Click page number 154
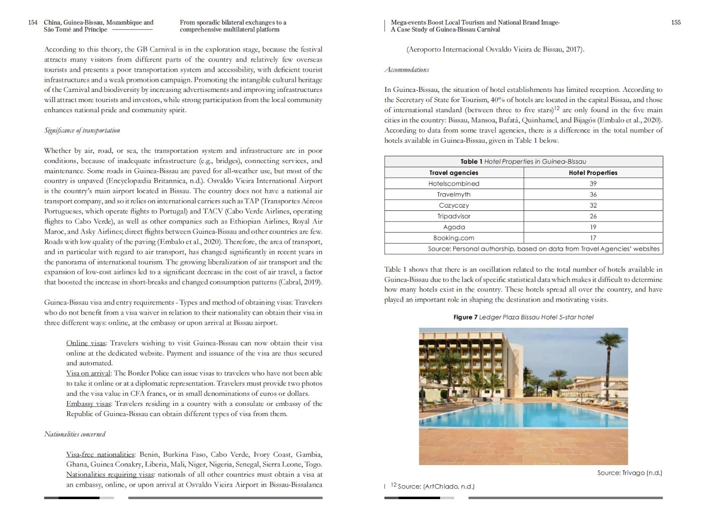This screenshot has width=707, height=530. click(x=33, y=23)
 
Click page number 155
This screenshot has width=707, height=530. click(x=676, y=23)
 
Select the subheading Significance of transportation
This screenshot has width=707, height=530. click(x=82, y=130)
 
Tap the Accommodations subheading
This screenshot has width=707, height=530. click(x=407, y=70)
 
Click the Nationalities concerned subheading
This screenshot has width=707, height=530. click(x=75, y=434)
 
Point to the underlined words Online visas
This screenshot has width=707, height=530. click(x=86, y=343)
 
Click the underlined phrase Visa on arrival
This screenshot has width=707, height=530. click(x=88, y=373)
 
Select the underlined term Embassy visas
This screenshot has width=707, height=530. click(x=88, y=404)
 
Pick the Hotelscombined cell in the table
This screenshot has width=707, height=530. click(x=454, y=184)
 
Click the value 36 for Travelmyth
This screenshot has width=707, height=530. click(x=593, y=194)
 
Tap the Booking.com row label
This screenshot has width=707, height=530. click(x=454, y=238)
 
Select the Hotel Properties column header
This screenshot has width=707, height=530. click(x=593, y=173)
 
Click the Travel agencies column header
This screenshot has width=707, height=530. click(x=454, y=173)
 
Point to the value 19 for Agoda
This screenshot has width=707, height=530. click(x=593, y=227)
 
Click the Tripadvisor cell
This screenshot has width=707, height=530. click(x=454, y=216)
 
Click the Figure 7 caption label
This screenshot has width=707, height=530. click(x=465, y=317)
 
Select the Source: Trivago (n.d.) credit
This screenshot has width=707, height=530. click(x=629, y=473)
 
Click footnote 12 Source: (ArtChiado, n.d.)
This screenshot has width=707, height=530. click(x=433, y=486)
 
